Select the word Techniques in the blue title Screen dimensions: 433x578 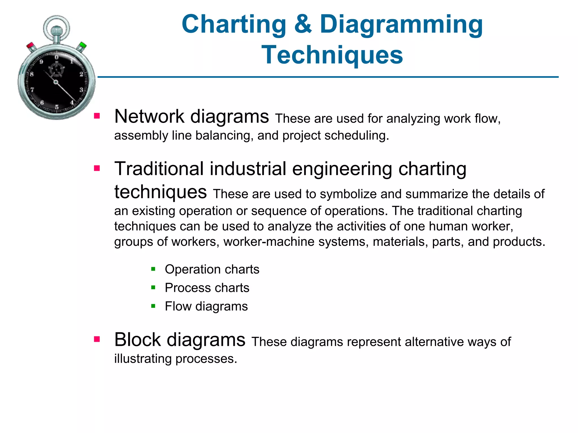click(x=332, y=55)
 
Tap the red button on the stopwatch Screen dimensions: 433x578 click(x=30, y=46)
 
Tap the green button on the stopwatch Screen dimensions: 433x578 click(x=82, y=45)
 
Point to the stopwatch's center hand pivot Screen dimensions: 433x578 click(x=56, y=82)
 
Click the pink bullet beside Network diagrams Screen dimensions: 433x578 click(x=97, y=116)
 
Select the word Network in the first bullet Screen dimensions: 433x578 click(x=149, y=116)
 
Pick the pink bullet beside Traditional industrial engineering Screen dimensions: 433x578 click(x=97, y=168)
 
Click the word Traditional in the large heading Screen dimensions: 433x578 click(x=159, y=169)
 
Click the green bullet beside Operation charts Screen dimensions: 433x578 click(x=153, y=269)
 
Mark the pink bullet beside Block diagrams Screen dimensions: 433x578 click(x=97, y=339)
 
